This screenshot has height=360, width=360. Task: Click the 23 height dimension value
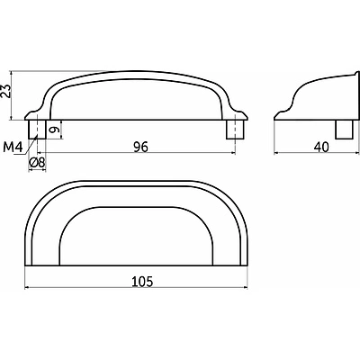[5, 91]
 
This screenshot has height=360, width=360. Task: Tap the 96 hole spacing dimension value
[140, 147]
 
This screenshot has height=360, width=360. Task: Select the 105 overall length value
[142, 282]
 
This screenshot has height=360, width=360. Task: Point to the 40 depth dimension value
[321, 148]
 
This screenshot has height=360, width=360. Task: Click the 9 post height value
[53, 130]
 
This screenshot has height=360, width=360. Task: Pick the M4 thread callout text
[13, 147]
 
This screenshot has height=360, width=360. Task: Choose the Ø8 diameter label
[37, 163]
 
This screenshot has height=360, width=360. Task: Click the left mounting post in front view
[37, 130]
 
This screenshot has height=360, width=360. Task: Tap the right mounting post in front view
[235, 130]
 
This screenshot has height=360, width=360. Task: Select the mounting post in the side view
[344, 130]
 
